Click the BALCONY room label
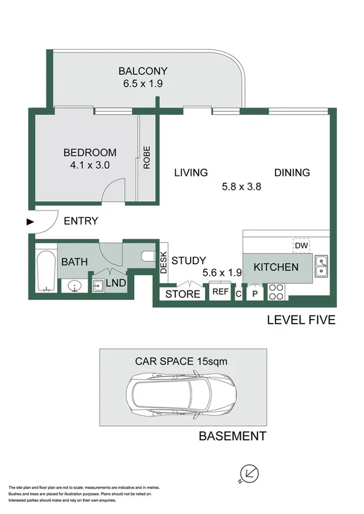coord(142,71)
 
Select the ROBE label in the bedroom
coord(146,157)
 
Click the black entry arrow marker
coord(29,221)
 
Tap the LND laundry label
coord(115,283)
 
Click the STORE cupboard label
coord(183,294)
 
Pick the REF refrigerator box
coord(220,293)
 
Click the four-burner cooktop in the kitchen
coord(276,293)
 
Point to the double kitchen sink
coord(322,267)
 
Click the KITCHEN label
coord(276,267)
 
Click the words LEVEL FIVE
coord(301,320)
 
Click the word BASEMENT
coord(232,437)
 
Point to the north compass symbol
coord(248,473)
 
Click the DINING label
coord(292,173)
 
